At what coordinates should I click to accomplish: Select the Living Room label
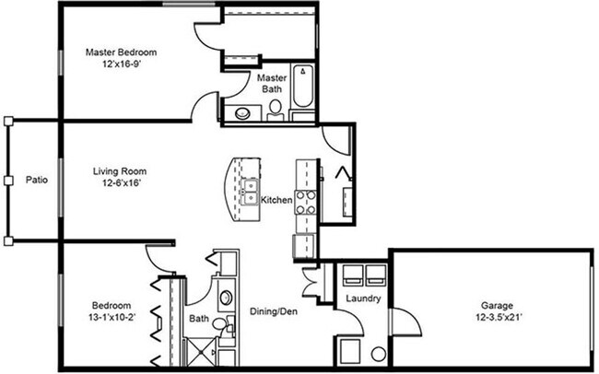pos(120,170)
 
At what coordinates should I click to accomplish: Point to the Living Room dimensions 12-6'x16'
pos(120,184)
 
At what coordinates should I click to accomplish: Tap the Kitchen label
pos(276,200)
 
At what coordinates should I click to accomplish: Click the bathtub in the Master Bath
pos(302,92)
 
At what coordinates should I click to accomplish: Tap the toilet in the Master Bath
pos(276,111)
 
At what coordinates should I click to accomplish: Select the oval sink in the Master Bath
pos(242,114)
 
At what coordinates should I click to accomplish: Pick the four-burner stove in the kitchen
pos(304,201)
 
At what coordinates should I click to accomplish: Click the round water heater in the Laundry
pos(378,353)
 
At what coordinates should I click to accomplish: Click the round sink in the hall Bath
pos(227,298)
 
